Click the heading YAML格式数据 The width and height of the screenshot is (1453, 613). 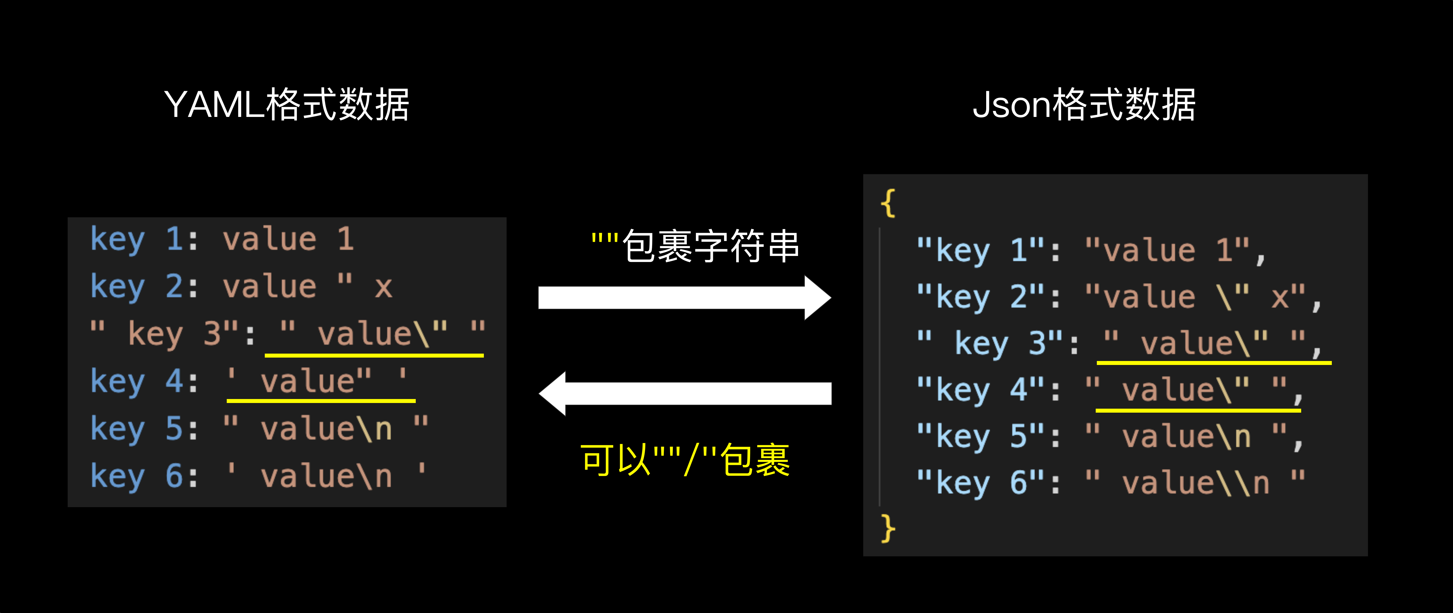click(287, 105)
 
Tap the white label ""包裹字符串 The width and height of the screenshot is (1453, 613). click(695, 246)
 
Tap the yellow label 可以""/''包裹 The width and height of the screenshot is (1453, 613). click(685, 460)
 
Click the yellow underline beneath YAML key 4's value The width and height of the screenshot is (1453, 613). click(321, 400)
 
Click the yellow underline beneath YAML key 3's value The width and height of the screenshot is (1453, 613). click(374, 355)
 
